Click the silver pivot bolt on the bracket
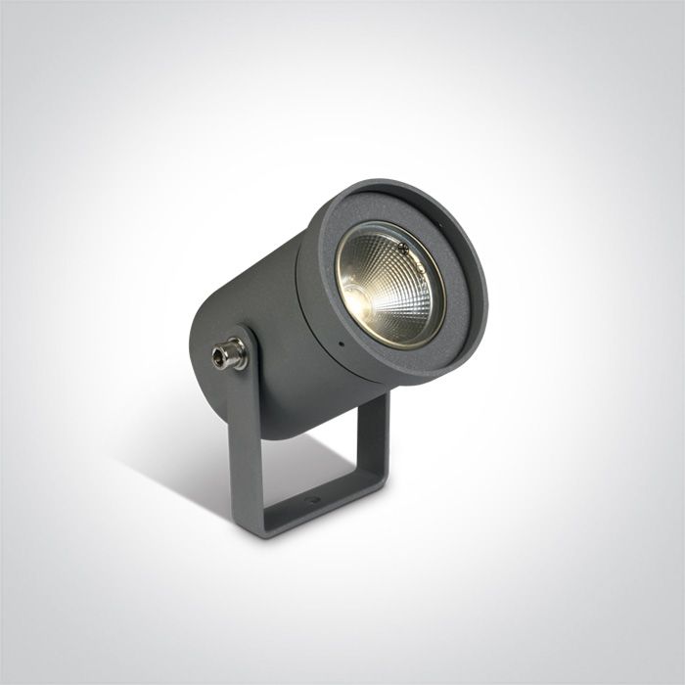234,352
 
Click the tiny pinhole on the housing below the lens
340,346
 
